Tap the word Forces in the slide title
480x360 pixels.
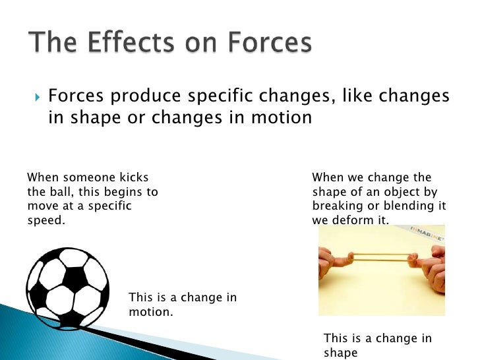click(x=264, y=44)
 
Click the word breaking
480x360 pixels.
click(x=336, y=206)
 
